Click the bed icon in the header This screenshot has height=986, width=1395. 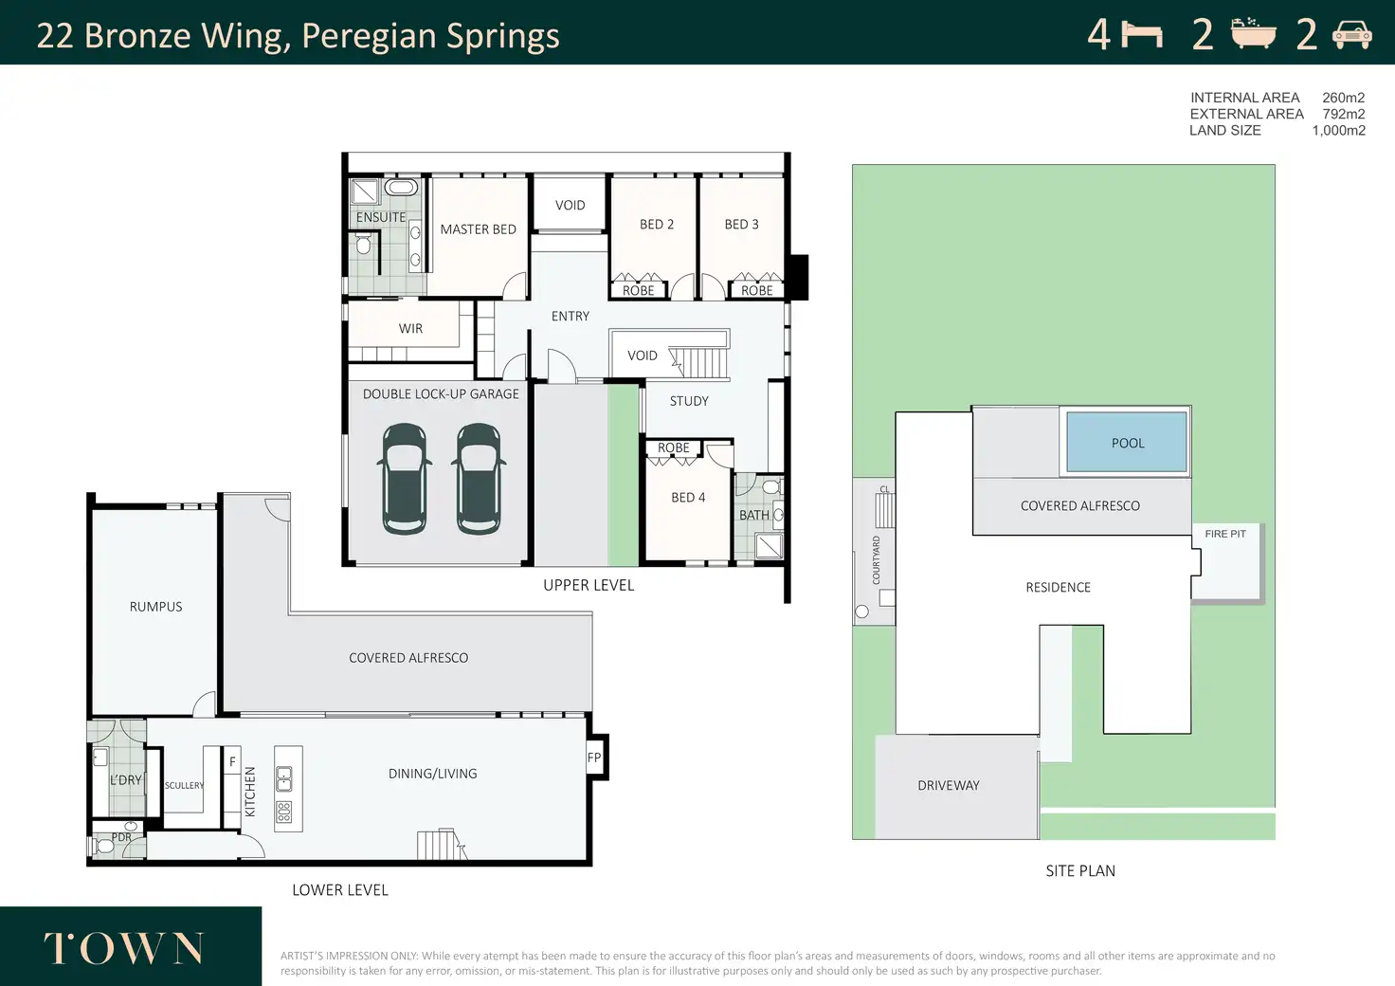(x=1142, y=35)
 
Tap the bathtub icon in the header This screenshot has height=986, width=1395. (x=1254, y=33)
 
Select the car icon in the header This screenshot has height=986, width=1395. (x=1352, y=34)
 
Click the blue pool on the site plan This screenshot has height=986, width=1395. (x=1127, y=442)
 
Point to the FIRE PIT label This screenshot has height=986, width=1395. (x=1225, y=534)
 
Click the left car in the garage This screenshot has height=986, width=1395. (x=404, y=479)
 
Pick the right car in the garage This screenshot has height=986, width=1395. (x=479, y=479)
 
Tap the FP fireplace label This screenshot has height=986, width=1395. (x=594, y=758)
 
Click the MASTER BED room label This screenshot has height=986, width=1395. (x=479, y=229)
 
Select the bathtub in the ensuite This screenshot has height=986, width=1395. (x=401, y=187)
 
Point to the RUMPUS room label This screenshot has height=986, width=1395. (x=155, y=607)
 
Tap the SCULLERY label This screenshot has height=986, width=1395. (x=185, y=785)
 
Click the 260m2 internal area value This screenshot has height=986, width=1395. (x=1343, y=98)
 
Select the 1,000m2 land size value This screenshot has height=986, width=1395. (x=1339, y=130)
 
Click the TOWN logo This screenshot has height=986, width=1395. (x=123, y=948)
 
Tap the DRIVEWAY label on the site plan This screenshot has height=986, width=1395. (x=949, y=785)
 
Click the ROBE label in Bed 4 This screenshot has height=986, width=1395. (x=673, y=447)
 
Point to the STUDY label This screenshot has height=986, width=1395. (x=689, y=401)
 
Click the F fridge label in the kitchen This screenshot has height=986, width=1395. (x=232, y=761)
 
